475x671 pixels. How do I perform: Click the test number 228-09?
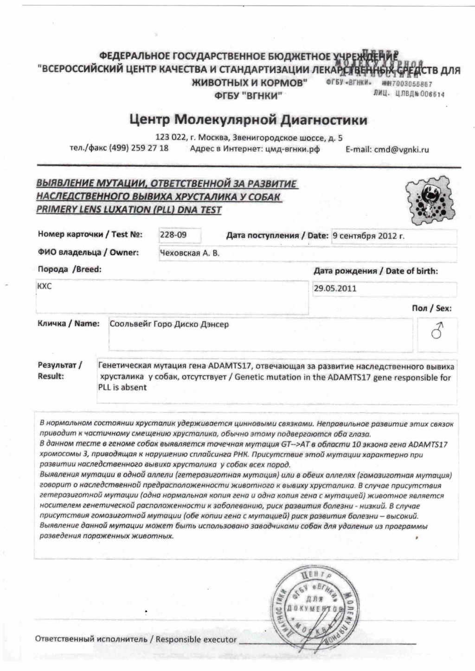pyautogui.click(x=173, y=235)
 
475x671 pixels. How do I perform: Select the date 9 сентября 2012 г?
pyautogui.click(x=368, y=236)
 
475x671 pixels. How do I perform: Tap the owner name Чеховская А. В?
pyautogui.click(x=190, y=253)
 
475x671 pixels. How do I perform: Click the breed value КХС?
pyautogui.click(x=45, y=286)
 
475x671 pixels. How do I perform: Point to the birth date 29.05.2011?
pyautogui.click(x=335, y=288)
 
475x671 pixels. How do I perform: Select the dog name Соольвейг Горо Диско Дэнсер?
pyautogui.click(x=169, y=324)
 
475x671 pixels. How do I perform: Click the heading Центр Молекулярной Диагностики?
pyautogui.click(x=248, y=120)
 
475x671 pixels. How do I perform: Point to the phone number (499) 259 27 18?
pyautogui.click(x=139, y=148)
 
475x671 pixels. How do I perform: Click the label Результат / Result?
pyautogui.click(x=60, y=371)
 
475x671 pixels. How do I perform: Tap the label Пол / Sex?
pyautogui.click(x=431, y=308)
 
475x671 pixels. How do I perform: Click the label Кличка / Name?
pyautogui.click(x=69, y=324)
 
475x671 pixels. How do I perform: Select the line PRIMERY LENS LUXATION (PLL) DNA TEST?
pyautogui.click(x=128, y=210)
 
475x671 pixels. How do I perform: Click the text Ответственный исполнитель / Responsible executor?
pyautogui.click(x=135, y=639)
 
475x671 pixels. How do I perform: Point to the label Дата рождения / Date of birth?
pyautogui.click(x=375, y=271)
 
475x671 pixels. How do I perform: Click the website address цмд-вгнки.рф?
pyautogui.click(x=290, y=149)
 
